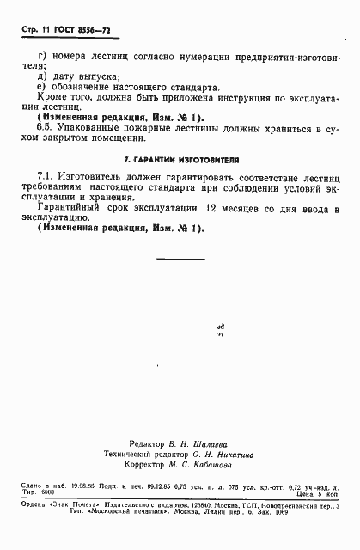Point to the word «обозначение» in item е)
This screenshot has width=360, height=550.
[84, 88]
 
